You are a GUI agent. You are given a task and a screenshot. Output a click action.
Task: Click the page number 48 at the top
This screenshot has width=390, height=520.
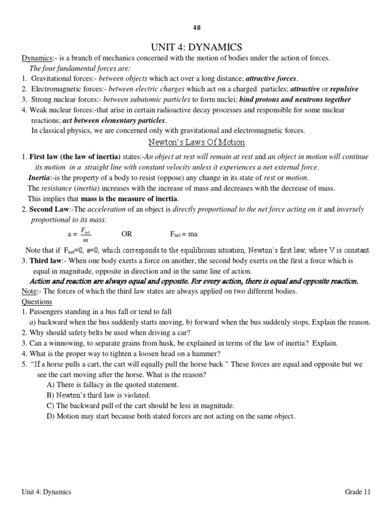tap(195, 27)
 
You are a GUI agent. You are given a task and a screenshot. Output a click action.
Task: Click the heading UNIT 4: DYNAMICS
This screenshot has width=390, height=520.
tap(195, 47)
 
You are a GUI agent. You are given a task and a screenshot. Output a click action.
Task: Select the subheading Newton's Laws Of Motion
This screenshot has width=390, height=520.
tap(196, 142)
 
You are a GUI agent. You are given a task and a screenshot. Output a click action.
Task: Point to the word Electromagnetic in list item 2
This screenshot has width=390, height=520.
tap(57, 89)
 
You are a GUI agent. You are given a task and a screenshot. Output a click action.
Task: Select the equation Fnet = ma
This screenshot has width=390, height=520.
tap(183, 234)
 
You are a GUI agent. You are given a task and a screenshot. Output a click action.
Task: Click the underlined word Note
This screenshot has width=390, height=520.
tap(28, 291)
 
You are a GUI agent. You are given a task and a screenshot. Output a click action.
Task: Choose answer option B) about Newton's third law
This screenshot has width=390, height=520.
tap(99, 395)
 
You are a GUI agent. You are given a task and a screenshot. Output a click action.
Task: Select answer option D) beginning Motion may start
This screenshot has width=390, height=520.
tap(170, 416)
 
